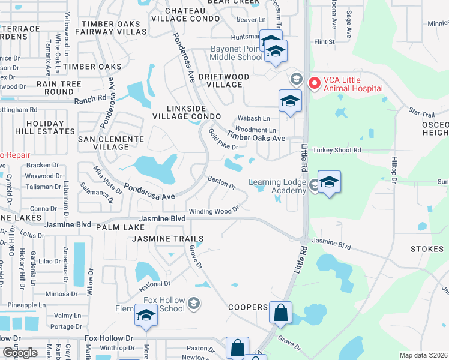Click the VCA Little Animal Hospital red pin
pos(313,83)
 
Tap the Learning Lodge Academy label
pos(277,187)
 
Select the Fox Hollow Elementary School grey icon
pos(193,304)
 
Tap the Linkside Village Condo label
pos(187,111)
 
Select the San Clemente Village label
pos(111,143)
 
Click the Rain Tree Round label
pos(59,88)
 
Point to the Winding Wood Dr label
pos(214,211)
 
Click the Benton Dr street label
pos(221,182)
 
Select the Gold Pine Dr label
pos(223,140)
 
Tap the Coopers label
pos(248,307)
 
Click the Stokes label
pos(427,248)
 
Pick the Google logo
pos(19,353)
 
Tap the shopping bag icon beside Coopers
pos(280,313)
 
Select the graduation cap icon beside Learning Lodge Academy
pos(329,182)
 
